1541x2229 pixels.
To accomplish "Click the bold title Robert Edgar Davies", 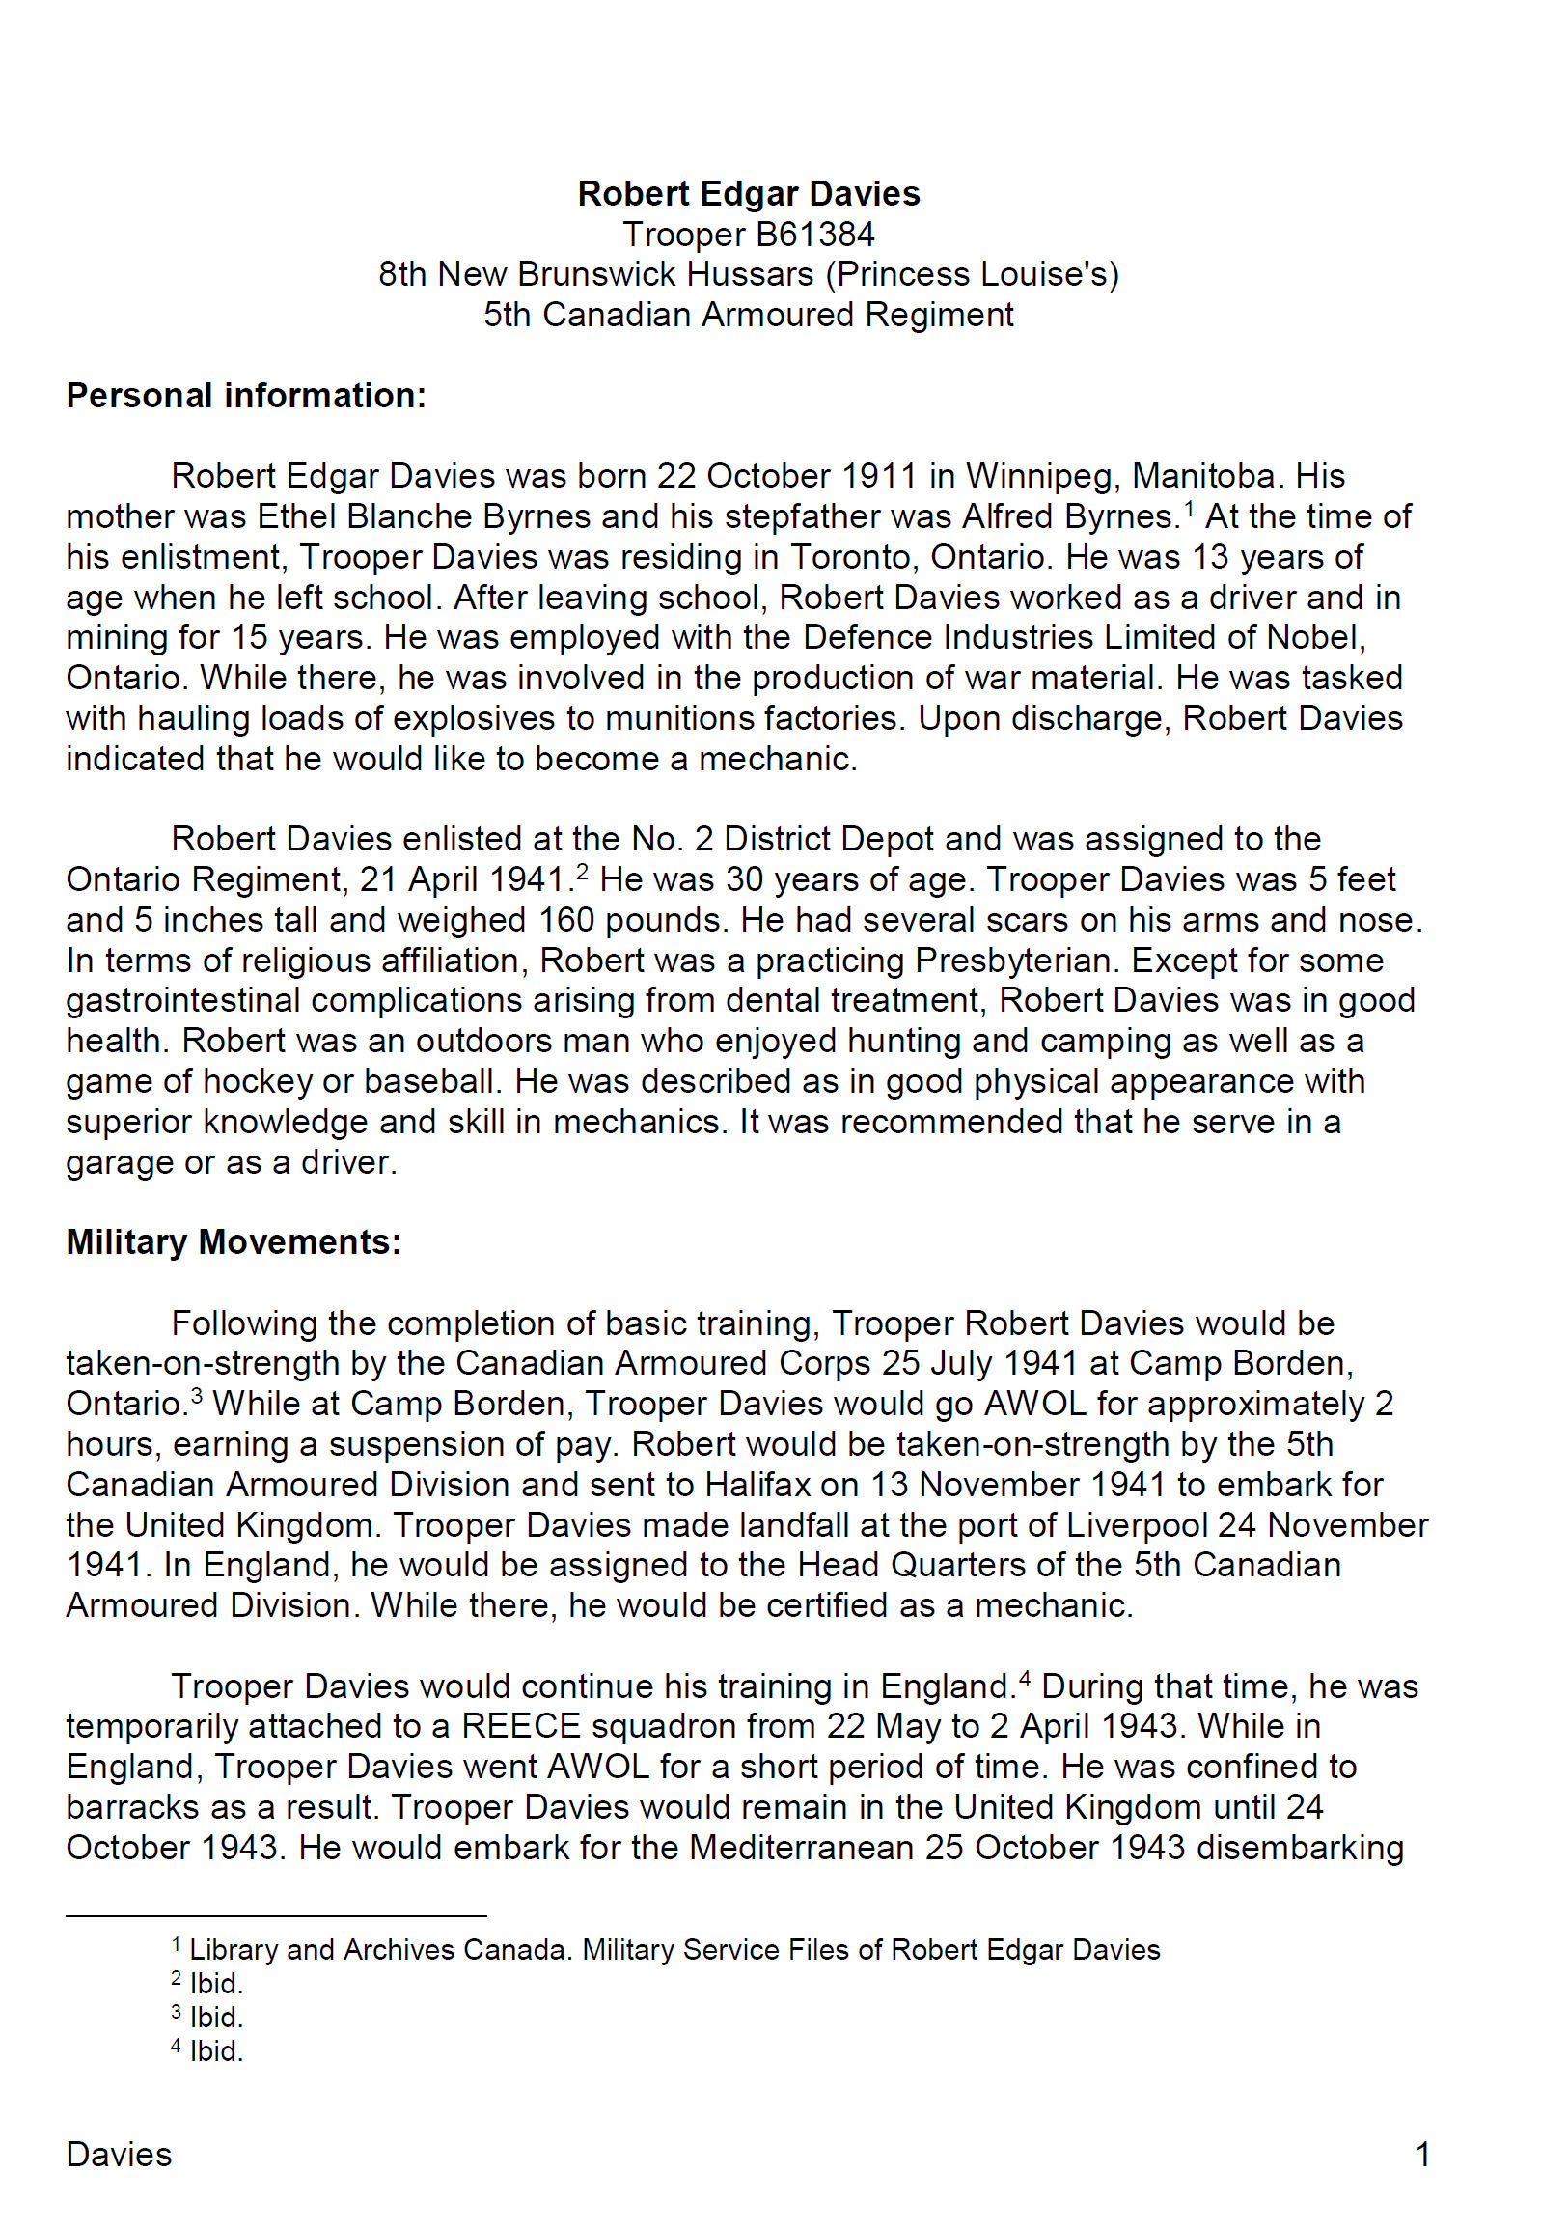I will (748, 194).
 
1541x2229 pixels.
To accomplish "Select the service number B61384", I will (815, 235).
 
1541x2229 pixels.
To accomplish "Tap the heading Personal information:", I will (245, 396).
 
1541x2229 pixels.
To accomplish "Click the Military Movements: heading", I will (233, 1242).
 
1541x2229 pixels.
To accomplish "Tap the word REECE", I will (521, 1726).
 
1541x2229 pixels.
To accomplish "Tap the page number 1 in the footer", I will (1421, 2155).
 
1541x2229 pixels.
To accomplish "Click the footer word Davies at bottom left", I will (119, 2155).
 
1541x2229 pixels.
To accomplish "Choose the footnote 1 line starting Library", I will (673, 1949).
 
